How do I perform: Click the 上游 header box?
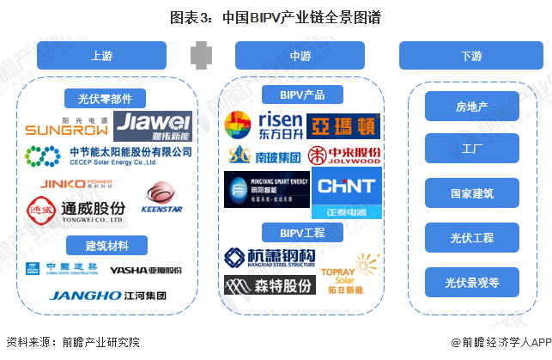click(x=100, y=56)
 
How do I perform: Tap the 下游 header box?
click(x=471, y=56)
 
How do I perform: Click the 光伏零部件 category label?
click(x=106, y=98)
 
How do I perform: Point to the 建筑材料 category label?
click(x=106, y=246)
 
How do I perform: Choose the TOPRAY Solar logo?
click(x=343, y=276)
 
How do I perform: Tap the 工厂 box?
click(x=472, y=149)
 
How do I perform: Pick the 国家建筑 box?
click(x=472, y=193)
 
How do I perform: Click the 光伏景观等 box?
click(x=472, y=282)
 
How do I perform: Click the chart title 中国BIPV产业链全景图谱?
click(x=275, y=16)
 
